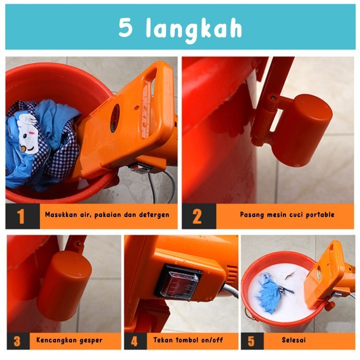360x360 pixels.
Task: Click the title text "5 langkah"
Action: pos(179,28)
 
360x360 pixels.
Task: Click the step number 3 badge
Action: pos(17,341)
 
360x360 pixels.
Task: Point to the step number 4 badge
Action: pos(135,341)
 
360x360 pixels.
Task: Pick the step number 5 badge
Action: pos(251,341)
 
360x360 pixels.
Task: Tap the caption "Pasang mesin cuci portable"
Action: pos(287,215)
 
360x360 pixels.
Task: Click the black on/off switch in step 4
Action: pos(177,282)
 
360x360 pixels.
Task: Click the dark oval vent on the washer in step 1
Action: pos(115,118)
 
